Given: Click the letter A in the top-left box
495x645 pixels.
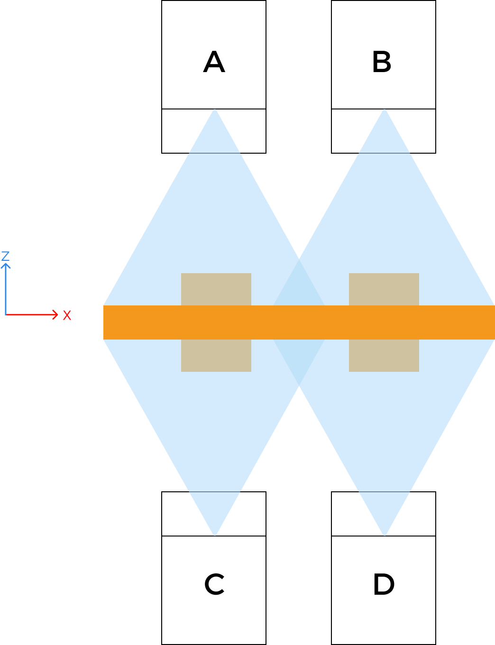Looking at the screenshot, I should [214, 62].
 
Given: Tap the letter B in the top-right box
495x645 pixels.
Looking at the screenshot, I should [382, 62].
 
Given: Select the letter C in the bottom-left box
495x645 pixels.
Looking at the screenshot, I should [214, 584].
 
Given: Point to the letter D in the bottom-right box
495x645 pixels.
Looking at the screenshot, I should [384, 584].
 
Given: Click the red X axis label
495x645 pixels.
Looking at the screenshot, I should [67, 315].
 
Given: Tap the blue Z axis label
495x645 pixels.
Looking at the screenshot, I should [6, 257].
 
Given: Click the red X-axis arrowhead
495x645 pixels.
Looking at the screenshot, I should [55, 314].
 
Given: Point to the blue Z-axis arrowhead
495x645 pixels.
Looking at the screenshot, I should [6, 266].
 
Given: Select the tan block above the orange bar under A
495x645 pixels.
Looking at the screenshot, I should [216, 289].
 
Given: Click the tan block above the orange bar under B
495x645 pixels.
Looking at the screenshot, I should [384, 289].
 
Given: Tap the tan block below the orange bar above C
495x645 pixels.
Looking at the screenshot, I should [216, 356].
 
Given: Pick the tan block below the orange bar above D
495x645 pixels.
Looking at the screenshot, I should [384, 356].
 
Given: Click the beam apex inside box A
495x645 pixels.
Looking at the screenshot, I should [214, 110].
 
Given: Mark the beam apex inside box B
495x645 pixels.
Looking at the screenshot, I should [384, 110].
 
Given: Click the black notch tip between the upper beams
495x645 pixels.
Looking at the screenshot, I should [299, 258].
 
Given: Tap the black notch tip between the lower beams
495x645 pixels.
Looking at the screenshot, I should [299, 387].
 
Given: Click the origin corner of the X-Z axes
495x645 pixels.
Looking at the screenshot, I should [6, 314].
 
